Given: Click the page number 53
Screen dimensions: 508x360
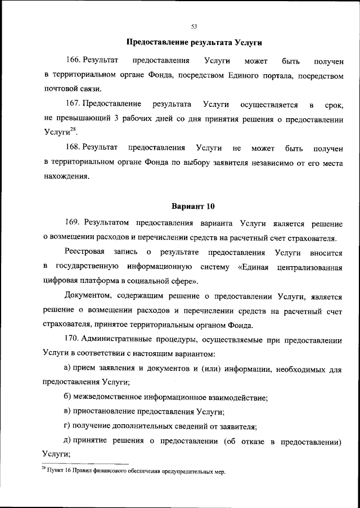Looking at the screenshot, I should pyautogui.click(x=193, y=26).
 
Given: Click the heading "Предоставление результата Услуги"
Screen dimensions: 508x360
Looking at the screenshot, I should pyautogui.click(x=194, y=43).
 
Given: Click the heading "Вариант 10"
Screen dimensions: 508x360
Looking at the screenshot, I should pyautogui.click(x=193, y=206).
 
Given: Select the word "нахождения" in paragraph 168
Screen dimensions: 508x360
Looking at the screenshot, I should pyautogui.click(x=66, y=177).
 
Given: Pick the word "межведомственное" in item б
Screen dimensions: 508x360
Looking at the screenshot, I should pyautogui.click(x=111, y=397).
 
